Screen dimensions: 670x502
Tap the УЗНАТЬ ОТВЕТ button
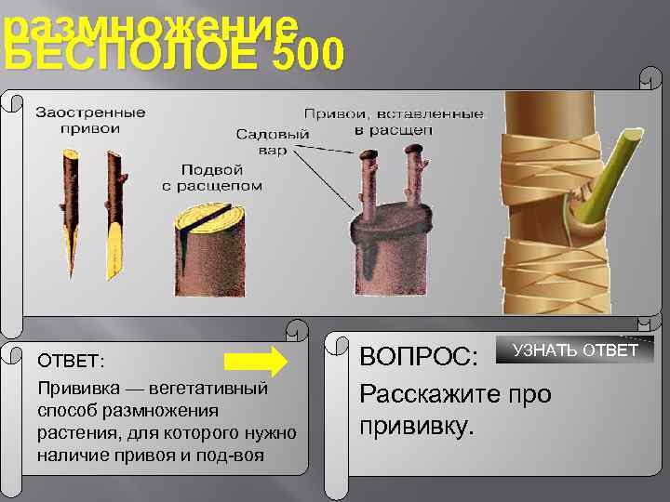tap(576, 350)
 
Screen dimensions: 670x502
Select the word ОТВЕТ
tap(72, 360)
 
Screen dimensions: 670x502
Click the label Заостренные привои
tap(90, 121)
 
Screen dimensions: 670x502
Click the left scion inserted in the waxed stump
tap(365, 181)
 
